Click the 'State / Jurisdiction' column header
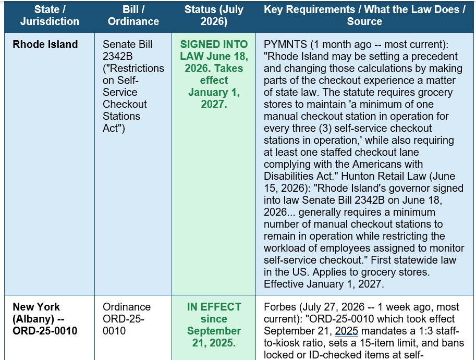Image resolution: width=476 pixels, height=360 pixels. [x=50, y=16]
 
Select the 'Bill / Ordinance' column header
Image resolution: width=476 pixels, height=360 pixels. [x=133, y=16]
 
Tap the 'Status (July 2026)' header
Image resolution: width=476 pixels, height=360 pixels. [x=214, y=16]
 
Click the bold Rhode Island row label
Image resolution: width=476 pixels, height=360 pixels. [x=45, y=44]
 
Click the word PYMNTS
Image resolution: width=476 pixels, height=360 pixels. [x=285, y=44]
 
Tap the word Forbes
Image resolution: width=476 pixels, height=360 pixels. [x=280, y=307]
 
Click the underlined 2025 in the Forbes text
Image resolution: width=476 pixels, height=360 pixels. [x=346, y=331]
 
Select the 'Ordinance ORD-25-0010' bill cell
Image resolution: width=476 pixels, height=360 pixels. [x=127, y=319]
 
